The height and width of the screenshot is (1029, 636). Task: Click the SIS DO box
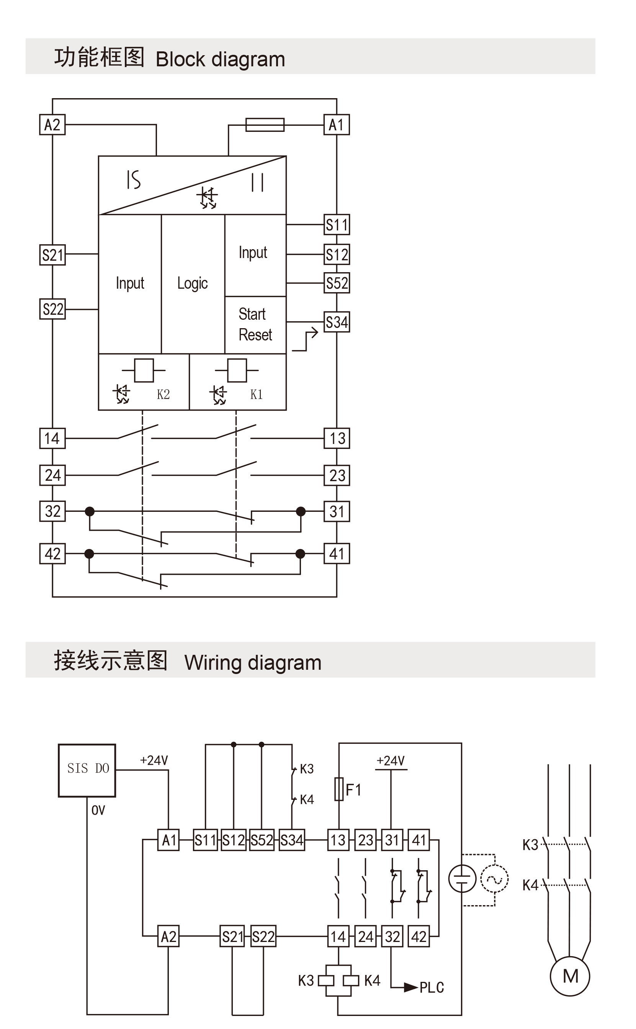(87, 770)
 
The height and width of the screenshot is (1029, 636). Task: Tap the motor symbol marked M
(570, 976)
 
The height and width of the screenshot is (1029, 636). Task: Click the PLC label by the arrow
(432, 987)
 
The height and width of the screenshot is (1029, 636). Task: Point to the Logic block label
(193, 283)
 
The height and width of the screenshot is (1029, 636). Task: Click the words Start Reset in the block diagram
(255, 324)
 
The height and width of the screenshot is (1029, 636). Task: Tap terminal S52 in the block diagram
(337, 283)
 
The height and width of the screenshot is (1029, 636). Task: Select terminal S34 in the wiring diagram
(292, 840)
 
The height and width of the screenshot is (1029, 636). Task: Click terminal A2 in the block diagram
(52, 125)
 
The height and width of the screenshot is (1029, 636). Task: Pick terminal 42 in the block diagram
(52, 553)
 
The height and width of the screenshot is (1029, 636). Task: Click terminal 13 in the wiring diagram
(338, 840)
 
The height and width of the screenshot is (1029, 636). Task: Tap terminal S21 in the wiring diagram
(232, 936)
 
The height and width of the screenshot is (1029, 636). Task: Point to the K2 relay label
(163, 395)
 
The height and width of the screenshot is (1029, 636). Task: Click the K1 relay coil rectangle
(237, 370)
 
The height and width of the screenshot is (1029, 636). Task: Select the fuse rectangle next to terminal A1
(265, 125)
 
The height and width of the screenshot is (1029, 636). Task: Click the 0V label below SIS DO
(98, 810)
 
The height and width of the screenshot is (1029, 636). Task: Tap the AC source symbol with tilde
(495, 879)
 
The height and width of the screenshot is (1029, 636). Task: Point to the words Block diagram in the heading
(220, 59)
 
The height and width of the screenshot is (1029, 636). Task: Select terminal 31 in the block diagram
(337, 511)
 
